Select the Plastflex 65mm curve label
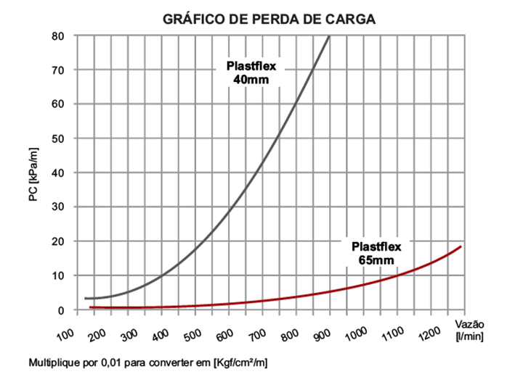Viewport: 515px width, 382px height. (376, 252)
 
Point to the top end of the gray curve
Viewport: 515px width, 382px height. (330, 36)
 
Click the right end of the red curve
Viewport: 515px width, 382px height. (461, 247)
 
